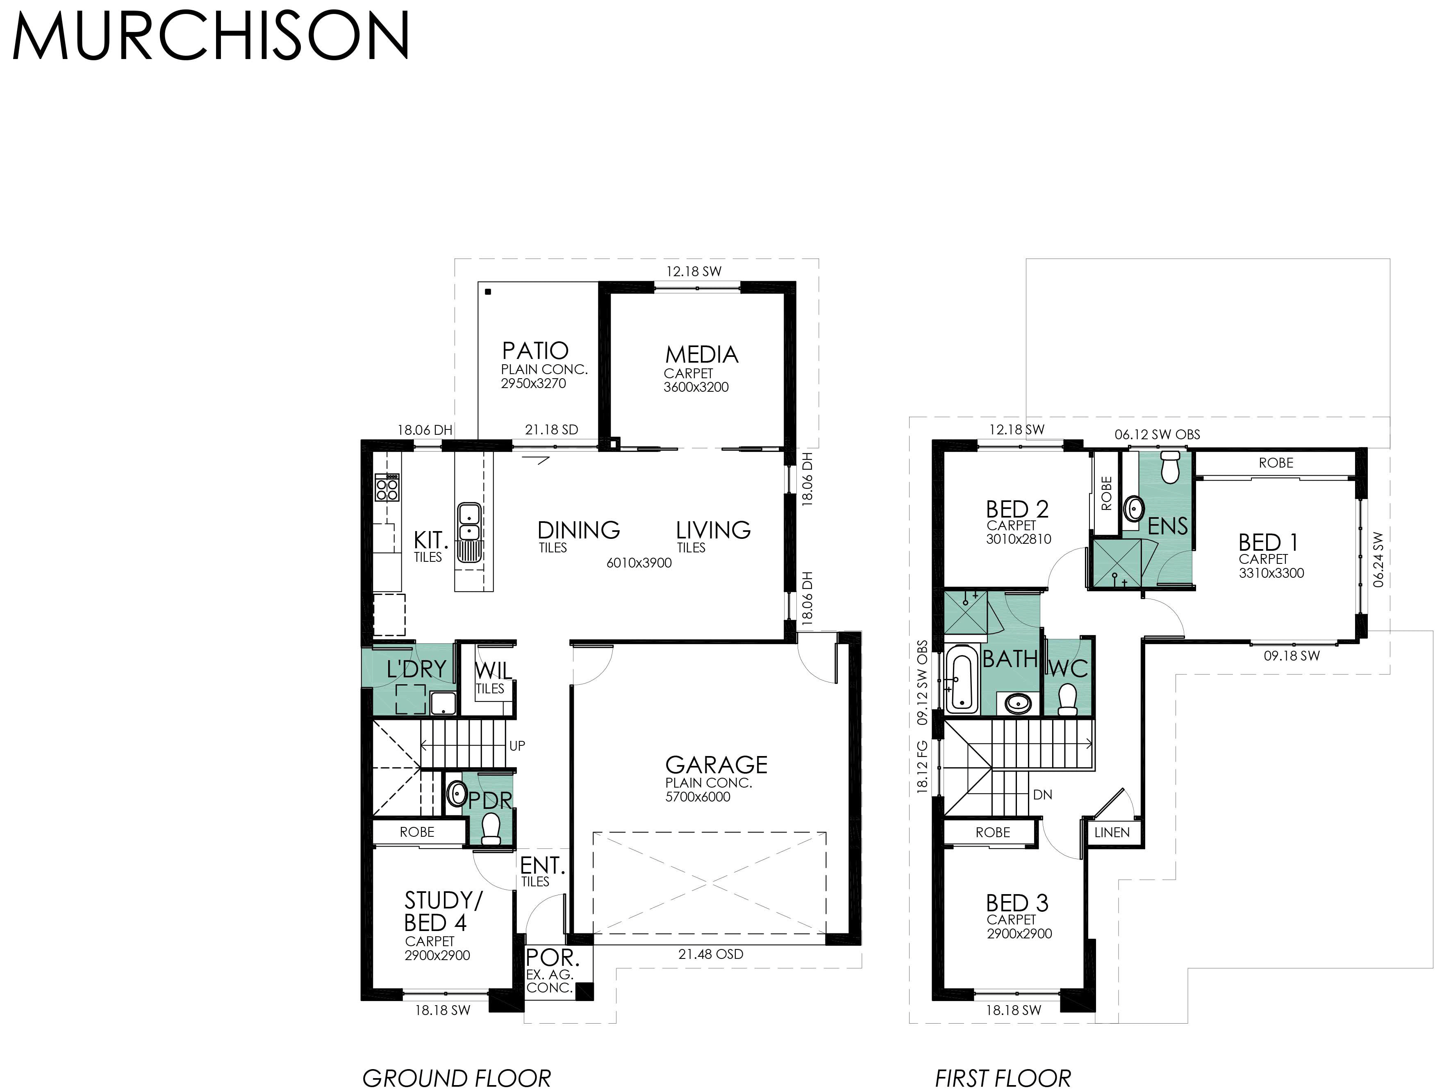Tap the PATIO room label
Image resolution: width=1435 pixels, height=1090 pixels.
tap(535, 351)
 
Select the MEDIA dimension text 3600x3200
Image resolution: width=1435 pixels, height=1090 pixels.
tap(696, 387)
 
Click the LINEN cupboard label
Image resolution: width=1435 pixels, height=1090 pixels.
tap(1111, 832)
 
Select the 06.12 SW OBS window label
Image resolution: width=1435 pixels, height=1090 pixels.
tap(1157, 435)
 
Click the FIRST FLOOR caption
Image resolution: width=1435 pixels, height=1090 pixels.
tap(1002, 1078)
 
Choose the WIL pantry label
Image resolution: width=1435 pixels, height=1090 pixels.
tap(493, 670)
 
